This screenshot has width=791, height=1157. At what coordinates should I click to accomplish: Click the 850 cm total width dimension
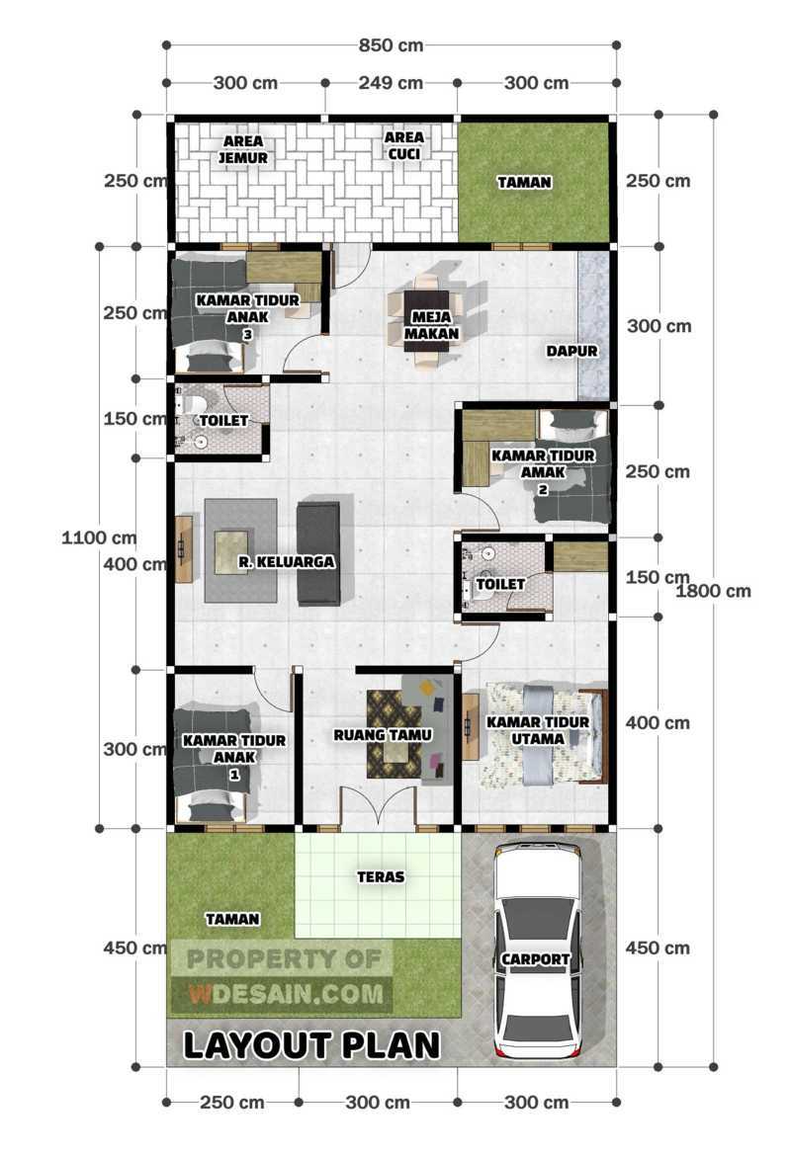point(391,45)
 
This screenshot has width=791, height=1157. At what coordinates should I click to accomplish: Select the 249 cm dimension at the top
point(391,83)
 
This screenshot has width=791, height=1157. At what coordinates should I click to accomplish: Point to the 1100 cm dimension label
point(97,538)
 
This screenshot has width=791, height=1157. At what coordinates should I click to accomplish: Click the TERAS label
point(380,875)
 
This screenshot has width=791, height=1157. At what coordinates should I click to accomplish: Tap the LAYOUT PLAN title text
point(310,1044)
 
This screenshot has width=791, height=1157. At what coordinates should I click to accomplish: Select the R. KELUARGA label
point(287,561)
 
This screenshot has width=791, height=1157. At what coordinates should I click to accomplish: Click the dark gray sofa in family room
point(318,553)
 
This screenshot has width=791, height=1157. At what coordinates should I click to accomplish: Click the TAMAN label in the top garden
point(524,183)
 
